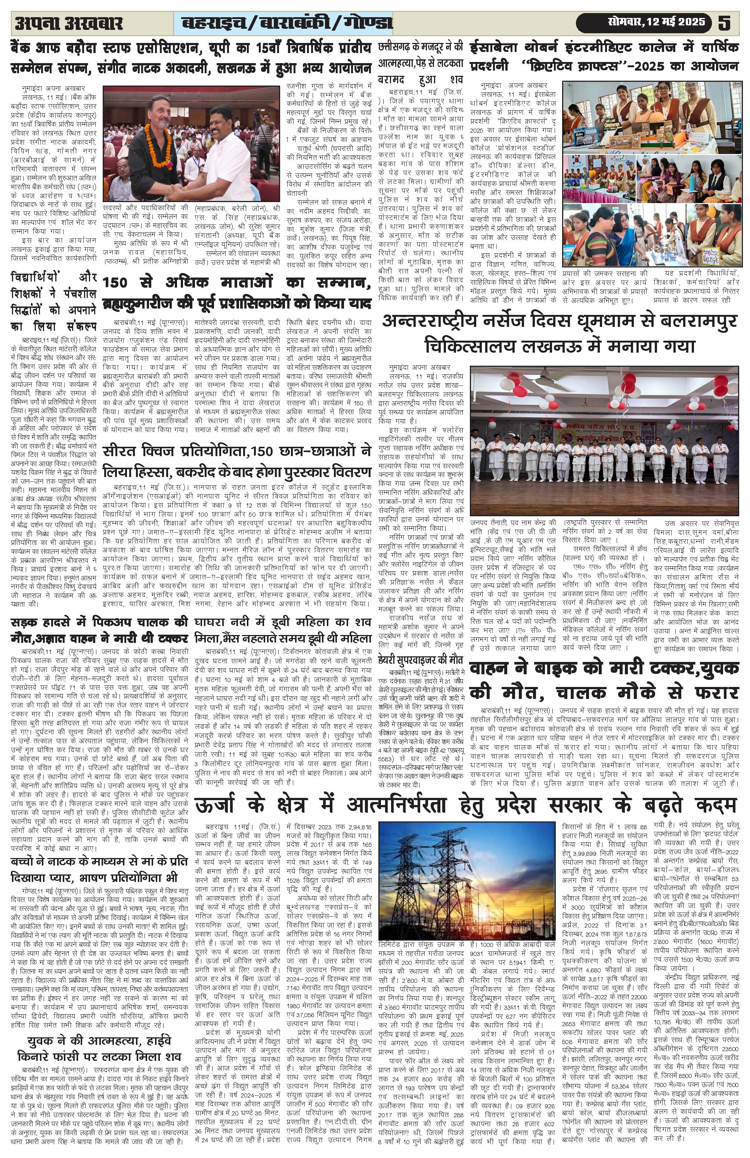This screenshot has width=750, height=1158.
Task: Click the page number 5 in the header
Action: tap(724, 23)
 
